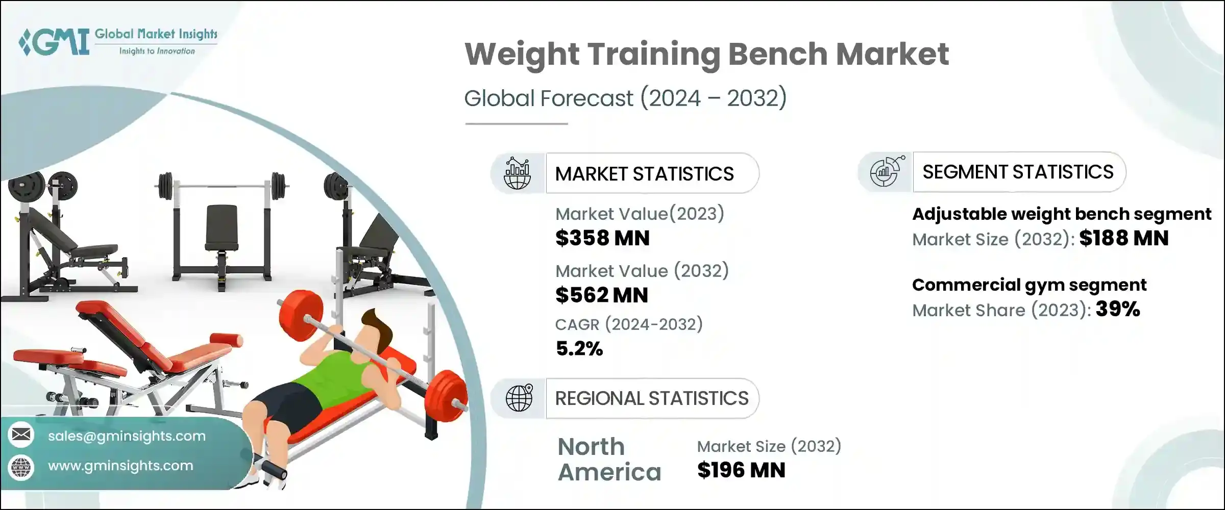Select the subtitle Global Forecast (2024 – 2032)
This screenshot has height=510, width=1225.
click(625, 98)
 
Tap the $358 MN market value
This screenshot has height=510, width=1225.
click(602, 238)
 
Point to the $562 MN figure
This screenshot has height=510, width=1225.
click(601, 295)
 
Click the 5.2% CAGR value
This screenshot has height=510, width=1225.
click(579, 349)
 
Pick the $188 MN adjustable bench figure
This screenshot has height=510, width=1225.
click(1124, 238)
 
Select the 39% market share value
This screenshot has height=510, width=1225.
click(1117, 309)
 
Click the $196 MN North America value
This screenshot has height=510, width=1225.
click(741, 470)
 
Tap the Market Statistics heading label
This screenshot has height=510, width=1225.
click(644, 174)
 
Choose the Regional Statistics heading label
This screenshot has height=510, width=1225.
click(652, 398)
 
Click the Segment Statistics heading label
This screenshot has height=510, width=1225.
click(1018, 172)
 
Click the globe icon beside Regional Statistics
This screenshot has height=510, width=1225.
click(519, 398)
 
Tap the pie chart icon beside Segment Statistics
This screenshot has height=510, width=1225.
click(887, 172)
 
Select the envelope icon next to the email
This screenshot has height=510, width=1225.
click(21, 435)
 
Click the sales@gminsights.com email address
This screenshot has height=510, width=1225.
click(127, 436)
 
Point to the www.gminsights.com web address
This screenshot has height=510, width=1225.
click(120, 466)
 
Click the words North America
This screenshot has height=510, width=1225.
click(609, 460)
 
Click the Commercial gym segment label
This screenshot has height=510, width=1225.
click(1029, 285)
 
